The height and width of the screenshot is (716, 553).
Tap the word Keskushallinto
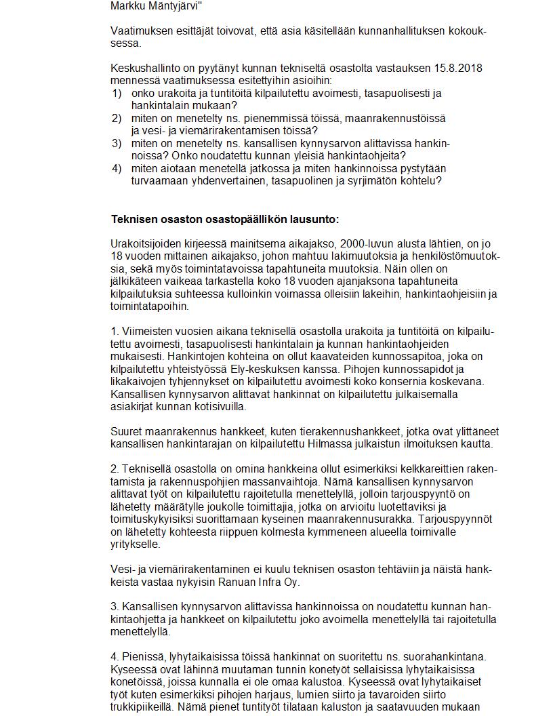[143, 68]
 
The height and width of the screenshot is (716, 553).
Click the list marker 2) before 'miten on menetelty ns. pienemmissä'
[117, 118]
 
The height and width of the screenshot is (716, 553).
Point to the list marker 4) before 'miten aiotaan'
[117, 168]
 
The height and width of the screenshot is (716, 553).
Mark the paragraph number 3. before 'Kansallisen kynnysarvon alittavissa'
[115, 607]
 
